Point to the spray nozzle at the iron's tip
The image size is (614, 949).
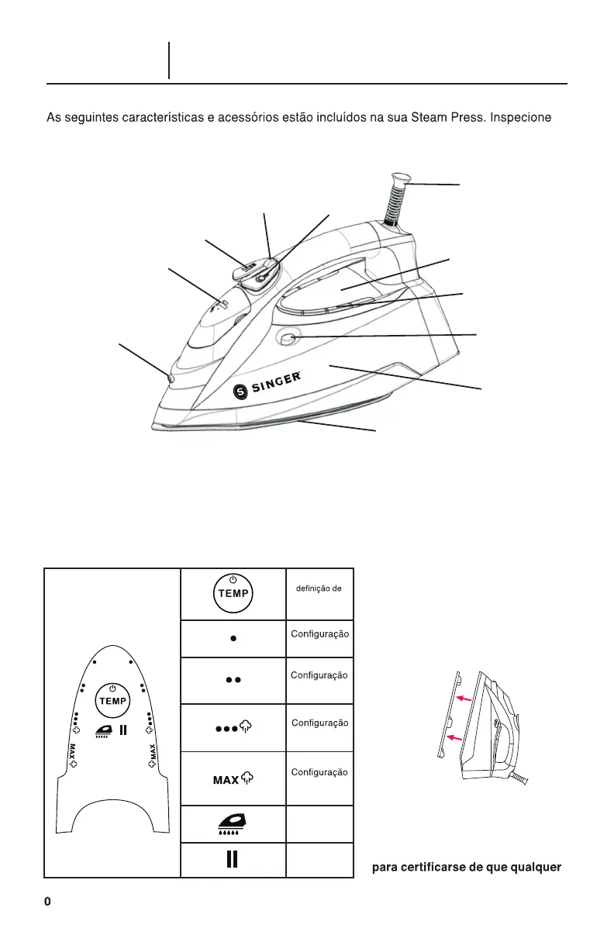pos(170,378)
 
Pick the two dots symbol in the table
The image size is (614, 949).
pos(233,679)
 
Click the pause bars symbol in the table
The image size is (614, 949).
pos(233,860)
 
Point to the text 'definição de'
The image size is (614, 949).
pos(320,589)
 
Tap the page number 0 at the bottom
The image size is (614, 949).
pos(47,902)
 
